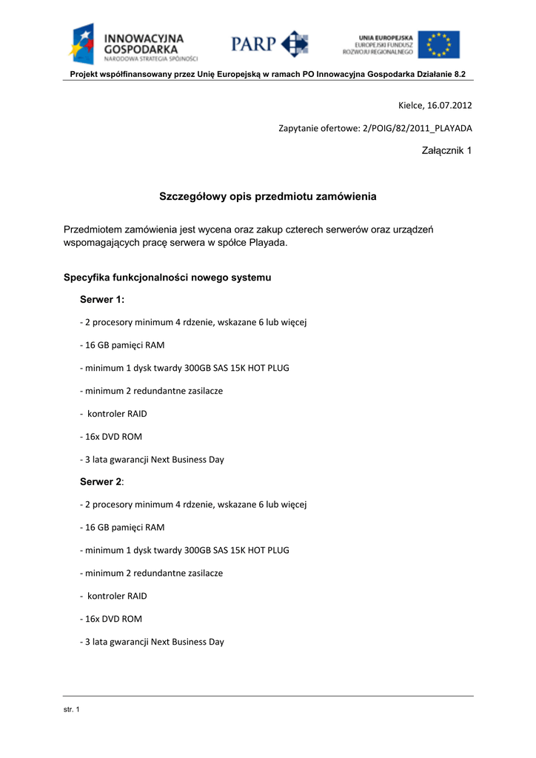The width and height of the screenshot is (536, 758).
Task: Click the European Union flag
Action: (x=438, y=44)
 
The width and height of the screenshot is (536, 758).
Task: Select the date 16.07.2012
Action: (x=448, y=105)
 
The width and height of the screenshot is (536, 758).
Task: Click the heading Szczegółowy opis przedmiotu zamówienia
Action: (x=268, y=197)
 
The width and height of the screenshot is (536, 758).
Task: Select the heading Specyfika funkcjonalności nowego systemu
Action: (x=167, y=278)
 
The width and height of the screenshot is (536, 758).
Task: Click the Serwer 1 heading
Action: (x=102, y=299)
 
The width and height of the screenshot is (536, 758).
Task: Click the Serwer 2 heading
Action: (x=101, y=481)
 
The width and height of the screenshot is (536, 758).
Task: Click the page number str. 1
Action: (x=72, y=711)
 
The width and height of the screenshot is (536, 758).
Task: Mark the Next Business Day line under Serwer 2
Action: (x=152, y=642)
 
